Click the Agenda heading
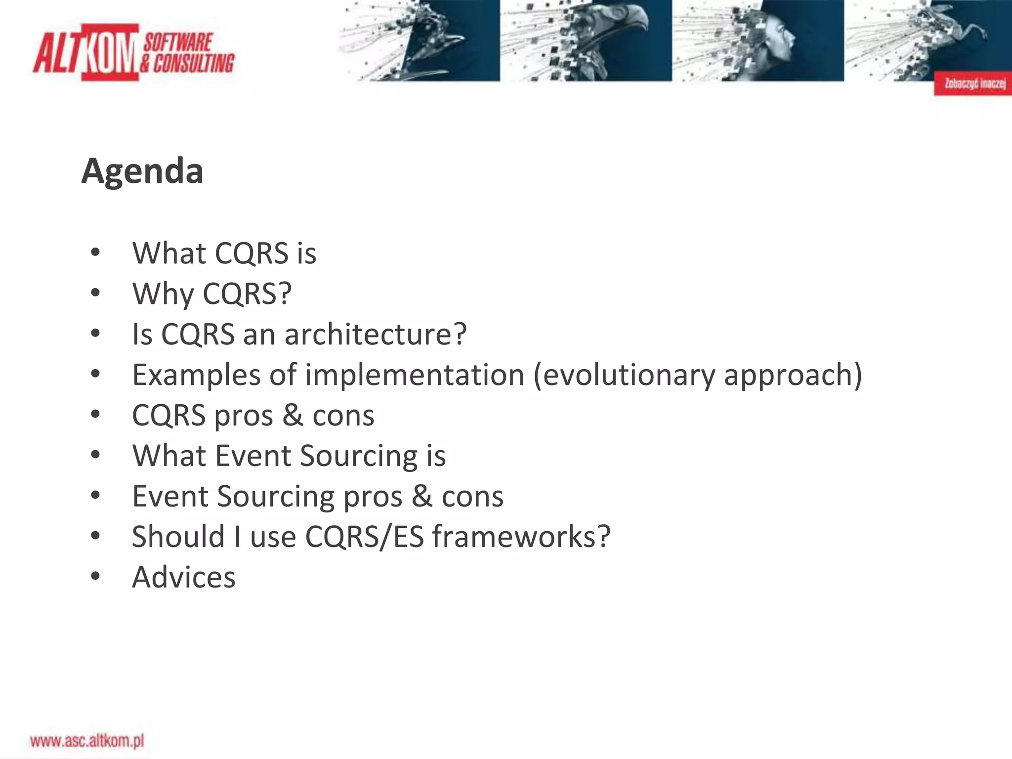pyautogui.click(x=142, y=171)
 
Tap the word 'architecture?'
pyautogui.click(x=376, y=335)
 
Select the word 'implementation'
pyautogui.click(x=414, y=375)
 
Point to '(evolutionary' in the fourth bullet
pyautogui.click(x=624, y=375)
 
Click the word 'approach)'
pyautogui.click(x=793, y=375)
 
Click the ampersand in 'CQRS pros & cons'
pyautogui.click(x=293, y=415)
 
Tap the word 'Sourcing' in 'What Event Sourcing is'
pyautogui.click(x=359, y=456)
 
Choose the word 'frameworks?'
pyautogui.click(x=521, y=537)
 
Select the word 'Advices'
pyautogui.click(x=183, y=577)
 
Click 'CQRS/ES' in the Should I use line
pyautogui.click(x=364, y=537)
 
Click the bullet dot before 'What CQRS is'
pyautogui.click(x=95, y=253)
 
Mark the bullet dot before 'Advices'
pyautogui.click(x=95, y=576)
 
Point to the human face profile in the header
pyautogui.click(x=781, y=40)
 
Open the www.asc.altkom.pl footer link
pyautogui.click(x=87, y=741)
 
